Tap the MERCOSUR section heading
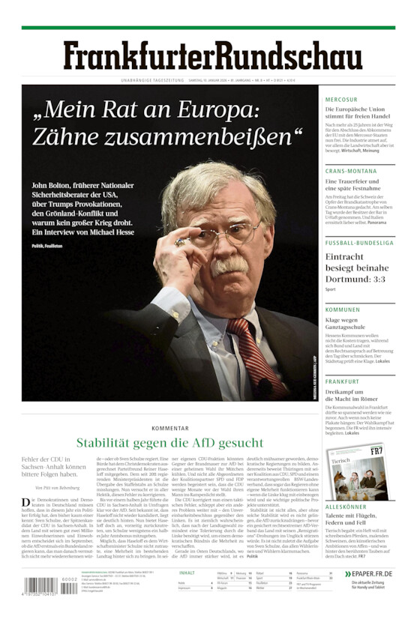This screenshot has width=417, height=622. [x=341, y=99]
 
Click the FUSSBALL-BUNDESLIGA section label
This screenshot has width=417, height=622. [x=359, y=243]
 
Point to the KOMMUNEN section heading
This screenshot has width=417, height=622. [x=343, y=309]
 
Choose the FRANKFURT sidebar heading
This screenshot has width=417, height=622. [x=342, y=381]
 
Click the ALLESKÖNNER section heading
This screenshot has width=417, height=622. [x=346, y=507]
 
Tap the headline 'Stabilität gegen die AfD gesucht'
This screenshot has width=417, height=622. [x=169, y=443]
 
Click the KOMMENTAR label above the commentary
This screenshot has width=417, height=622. [x=169, y=428]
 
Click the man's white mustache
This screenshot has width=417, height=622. [x=232, y=266]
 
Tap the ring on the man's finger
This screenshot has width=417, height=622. [x=180, y=242]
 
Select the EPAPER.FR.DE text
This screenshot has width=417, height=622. [x=372, y=573]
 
